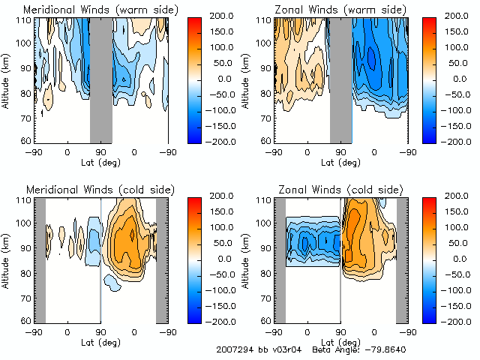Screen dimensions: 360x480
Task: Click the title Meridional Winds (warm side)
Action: (100, 9)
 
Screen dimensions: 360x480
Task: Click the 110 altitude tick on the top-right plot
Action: (263, 19)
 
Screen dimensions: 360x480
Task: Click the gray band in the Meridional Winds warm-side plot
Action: (100, 79)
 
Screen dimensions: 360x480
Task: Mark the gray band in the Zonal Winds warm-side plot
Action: (340, 79)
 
